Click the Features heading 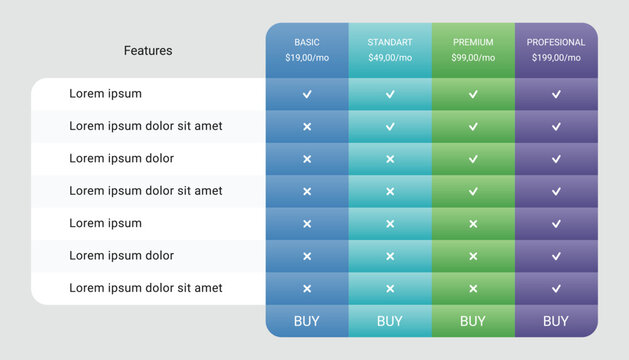pyautogui.click(x=148, y=50)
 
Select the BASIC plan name pyautogui.click(x=307, y=42)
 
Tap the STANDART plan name pyautogui.click(x=390, y=42)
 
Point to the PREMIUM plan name pyautogui.click(x=473, y=42)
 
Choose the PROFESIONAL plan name pyautogui.click(x=556, y=42)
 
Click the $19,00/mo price pyautogui.click(x=307, y=58)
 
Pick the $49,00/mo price pyautogui.click(x=390, y=58)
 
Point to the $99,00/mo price pyautogui.click(x=473, y=58)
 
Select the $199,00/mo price pyautogui.click(x=556, y=58)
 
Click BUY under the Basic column pyautogui.click(x=307, y=321)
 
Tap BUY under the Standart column pyautogui.click(x=390, y=321)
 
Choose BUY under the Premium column pyautogui.click(x=473, y=321)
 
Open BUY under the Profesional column pyautogui.click(x=556, y=321)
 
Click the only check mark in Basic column pyautogui.click(x=307, y=94)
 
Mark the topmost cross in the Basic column pyautogui.click(x=307, y=127)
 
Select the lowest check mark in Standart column pyautogui.click(x=390, y=127)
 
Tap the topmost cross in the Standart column pyautogui.click(x=390, y=159)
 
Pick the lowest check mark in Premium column pyautogui.click(x=473, y=191)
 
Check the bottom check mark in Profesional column pyautogui.click(x=556, y=288)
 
